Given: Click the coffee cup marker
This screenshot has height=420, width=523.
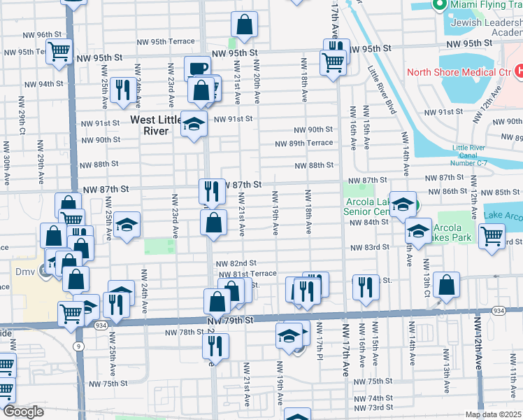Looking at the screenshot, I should [x=196, y=69].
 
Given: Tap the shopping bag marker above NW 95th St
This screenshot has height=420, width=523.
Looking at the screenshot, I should [x=245, y=25].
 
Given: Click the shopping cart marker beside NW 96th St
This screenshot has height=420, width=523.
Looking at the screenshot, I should [x=59, y=50].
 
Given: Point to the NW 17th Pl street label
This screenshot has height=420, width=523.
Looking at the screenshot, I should [x=318, y=339].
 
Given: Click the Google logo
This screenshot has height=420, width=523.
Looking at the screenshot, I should [x=23, y=412].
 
